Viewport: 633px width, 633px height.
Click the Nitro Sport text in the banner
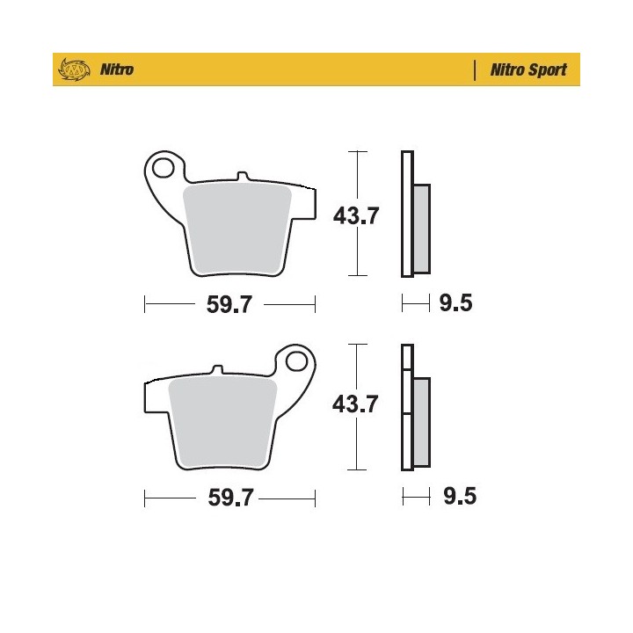tap(528, 69)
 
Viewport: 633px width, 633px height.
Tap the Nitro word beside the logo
tap(117, 69)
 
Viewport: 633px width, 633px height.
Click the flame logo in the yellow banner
tap(74, 69)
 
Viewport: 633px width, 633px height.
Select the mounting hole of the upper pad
tap(164, 168)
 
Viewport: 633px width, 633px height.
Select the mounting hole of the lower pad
tap(296, 361)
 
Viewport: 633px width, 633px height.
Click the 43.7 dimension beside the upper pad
tap(356, 215)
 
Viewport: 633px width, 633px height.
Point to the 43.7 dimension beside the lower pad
tap(355, 404)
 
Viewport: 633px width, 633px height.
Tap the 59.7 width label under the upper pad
tap(229, 304)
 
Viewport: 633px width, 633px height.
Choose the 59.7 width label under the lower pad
tap(230, 498)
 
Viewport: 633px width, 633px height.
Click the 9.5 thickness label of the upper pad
tap(455, 302)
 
